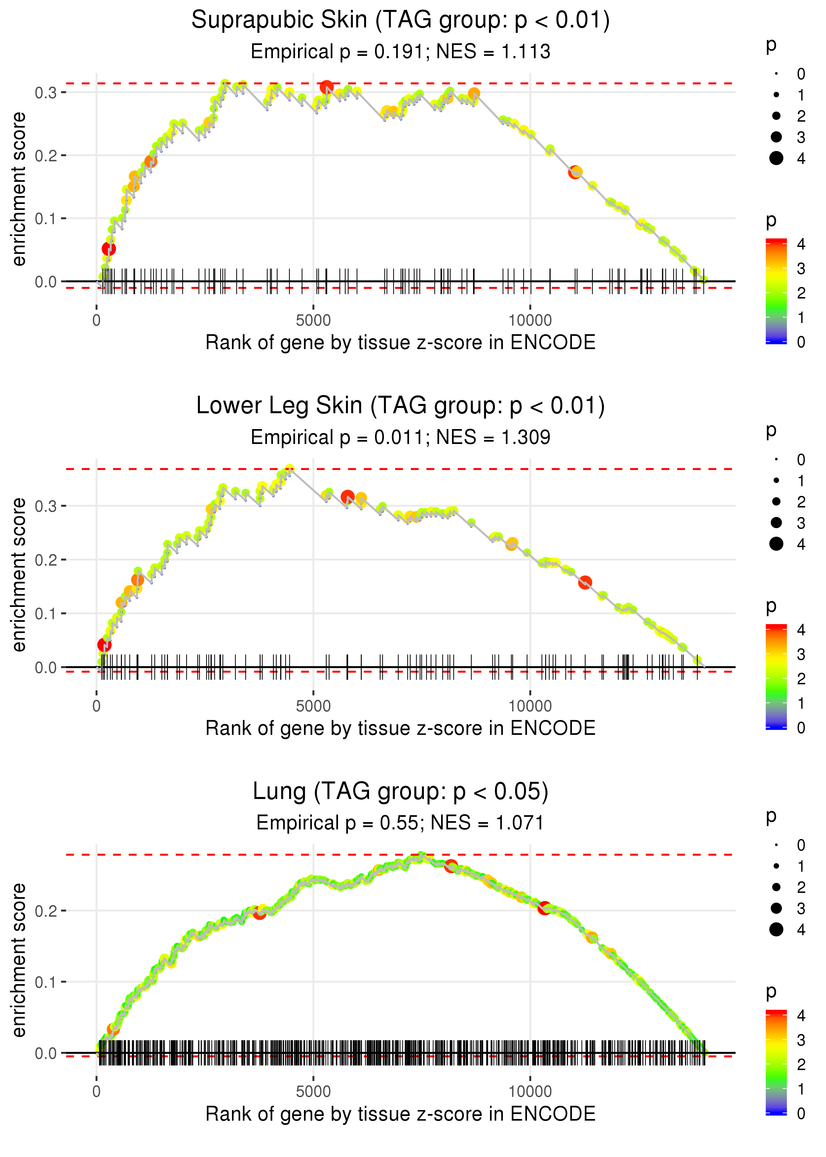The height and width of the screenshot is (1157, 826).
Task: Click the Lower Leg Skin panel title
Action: coord(400,406)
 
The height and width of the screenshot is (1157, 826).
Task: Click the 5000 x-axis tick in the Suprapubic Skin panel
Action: coord(313,321)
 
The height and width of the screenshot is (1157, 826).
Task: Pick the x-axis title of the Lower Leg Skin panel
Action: coord(400,728)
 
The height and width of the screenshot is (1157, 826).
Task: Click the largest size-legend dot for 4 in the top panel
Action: coord(776,158)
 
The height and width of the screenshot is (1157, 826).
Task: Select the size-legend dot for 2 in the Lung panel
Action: coord(776,887)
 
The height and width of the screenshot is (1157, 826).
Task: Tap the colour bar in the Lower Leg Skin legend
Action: coord(776,677)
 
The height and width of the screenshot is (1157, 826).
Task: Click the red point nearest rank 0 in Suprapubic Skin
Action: coord(109,248)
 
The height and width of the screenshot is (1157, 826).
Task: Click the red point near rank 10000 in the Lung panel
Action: coord(544,908)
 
